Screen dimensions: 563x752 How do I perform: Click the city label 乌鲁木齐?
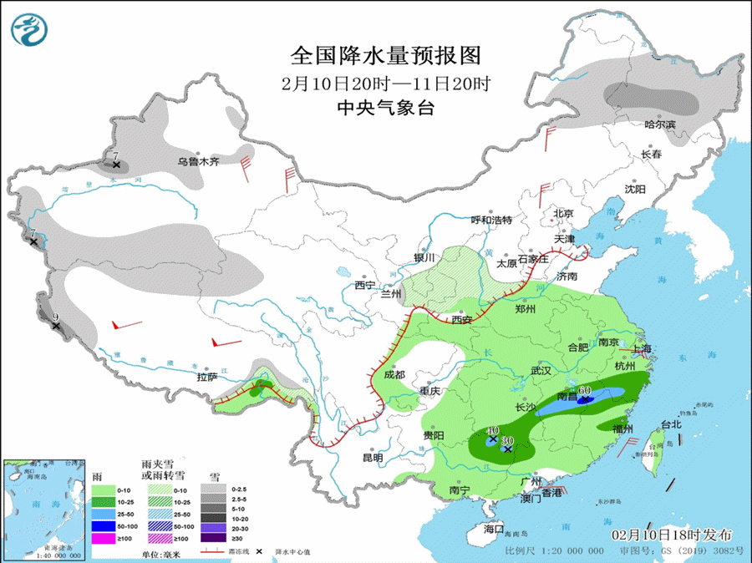(197, 161)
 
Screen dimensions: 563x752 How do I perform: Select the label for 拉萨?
(207, 377)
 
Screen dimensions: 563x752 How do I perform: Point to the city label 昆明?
(373, 458)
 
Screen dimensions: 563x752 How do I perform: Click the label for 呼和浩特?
(490, 220)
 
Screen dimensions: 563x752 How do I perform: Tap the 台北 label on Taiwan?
(671, 424)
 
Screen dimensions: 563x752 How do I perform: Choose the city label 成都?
(394, 375)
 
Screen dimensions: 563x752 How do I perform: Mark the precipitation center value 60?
(585, 390)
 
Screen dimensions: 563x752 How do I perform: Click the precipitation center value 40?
(493, 429)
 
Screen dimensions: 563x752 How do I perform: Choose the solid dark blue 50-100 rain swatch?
(104, 526)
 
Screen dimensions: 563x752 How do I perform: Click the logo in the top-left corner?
(29, 29)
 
